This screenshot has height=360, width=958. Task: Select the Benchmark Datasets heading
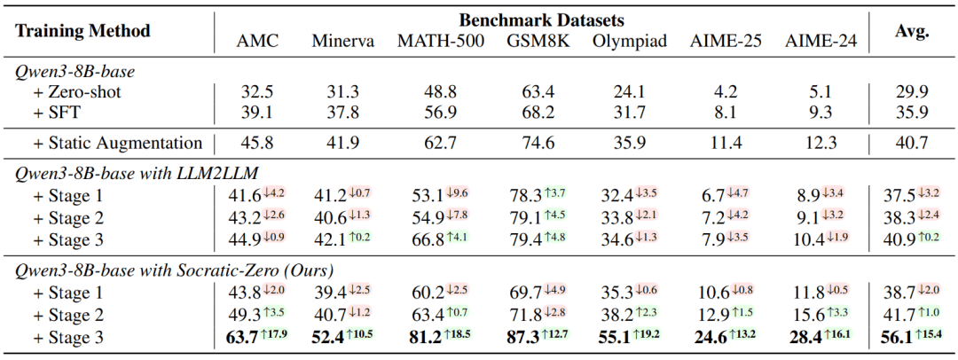point(542,20)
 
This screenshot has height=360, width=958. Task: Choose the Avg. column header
point(912,31)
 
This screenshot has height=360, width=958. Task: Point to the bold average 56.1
point(899,338)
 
